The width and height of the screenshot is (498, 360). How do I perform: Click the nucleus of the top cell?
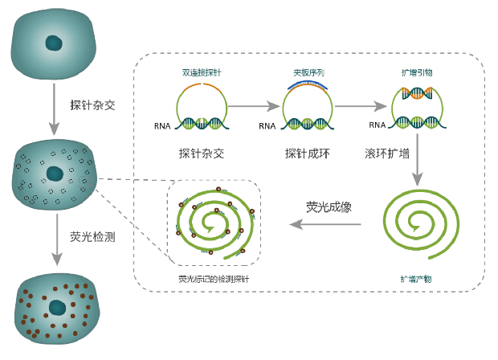(x=54, y=43)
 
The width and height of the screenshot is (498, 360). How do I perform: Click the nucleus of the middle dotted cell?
(x=55, y=173)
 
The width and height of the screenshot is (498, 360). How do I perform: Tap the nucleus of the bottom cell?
(x=57, y=308)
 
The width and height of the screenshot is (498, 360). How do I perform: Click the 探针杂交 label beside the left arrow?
(x=92, y=104)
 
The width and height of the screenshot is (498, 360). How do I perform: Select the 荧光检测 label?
(x=92, y=237)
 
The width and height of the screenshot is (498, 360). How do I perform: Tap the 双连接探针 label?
(x=202, y=72)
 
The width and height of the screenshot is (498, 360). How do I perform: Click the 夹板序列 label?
(x=308, y=72)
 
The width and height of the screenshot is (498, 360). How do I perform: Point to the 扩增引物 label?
(x=417, y=72)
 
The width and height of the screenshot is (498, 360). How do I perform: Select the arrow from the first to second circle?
(x=253, y=106)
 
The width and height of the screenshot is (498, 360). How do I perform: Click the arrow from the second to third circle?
(x=361, y=106)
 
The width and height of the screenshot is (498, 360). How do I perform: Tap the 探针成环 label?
(x=308, y=153)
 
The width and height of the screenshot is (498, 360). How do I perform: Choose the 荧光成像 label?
(x=329, y=207)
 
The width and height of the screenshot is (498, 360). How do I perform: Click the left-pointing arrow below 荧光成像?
(x=325, y=224)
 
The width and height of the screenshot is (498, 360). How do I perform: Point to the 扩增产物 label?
(x=416, y=279)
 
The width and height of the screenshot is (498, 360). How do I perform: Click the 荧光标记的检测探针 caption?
(x=214, y=279)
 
